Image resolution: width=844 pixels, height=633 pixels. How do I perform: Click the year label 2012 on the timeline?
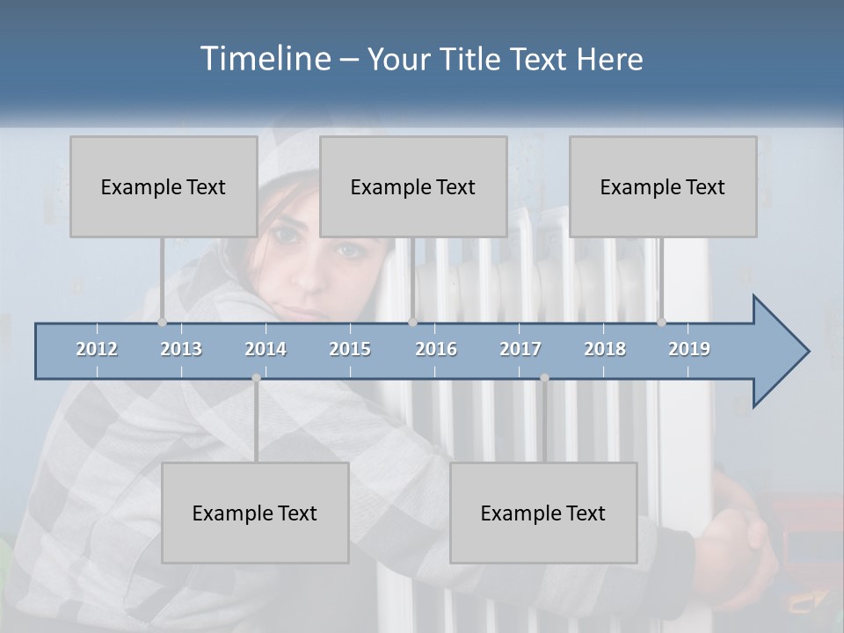click(x=97, y=349)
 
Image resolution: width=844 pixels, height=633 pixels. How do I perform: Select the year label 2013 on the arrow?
click(x=181, y=349)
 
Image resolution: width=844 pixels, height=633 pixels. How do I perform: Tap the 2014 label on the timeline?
click(x=266, y=349)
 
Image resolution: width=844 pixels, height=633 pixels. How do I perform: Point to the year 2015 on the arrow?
click(x=350, y=349)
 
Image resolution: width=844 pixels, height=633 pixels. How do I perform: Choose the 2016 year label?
click(x=436, y=349)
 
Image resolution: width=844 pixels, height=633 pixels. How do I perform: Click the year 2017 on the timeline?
click(x=520, y=349)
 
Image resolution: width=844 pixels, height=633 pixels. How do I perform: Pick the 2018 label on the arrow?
click(x=605, y=349)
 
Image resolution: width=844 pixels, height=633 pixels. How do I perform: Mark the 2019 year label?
click(x=689, y=349)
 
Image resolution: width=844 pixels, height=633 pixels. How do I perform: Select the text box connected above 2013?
click(x=164, y=186)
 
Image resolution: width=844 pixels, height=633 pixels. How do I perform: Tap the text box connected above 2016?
click(x=413, y=186)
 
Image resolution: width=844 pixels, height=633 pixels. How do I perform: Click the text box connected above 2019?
click(x=663, y=186)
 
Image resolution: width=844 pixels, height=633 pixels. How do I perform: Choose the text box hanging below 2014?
click(x=255, y=513)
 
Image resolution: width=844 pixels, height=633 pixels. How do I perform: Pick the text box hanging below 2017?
click(x=543, y=513)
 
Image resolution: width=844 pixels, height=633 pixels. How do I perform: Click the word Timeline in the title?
click(x=265, y=59)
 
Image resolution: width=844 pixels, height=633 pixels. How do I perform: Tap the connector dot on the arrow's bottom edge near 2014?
click(x=256, y=378)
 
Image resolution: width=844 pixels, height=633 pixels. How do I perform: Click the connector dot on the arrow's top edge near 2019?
click(x=661, y=322)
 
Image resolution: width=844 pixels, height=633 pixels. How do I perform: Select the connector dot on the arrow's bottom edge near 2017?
click(x=544, y=378)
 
